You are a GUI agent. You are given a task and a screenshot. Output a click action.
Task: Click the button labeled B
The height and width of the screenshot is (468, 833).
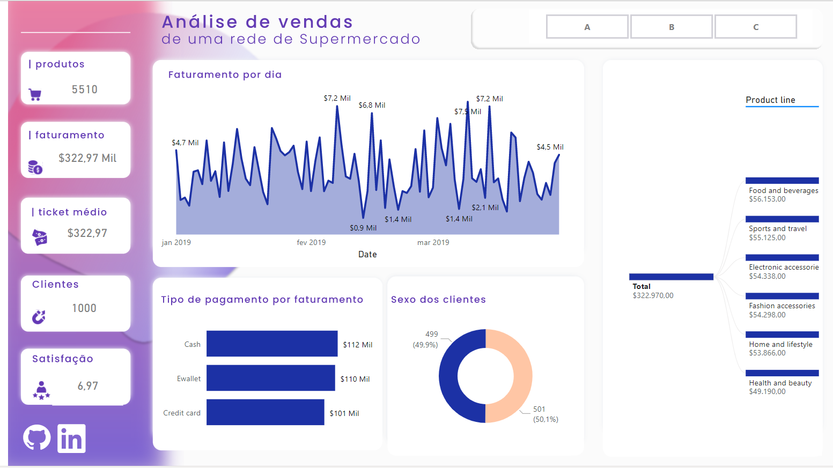point(672,27)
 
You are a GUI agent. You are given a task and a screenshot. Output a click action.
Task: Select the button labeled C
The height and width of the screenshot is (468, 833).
point(756,27)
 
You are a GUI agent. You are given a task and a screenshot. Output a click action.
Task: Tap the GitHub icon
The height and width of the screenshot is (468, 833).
point(37,438)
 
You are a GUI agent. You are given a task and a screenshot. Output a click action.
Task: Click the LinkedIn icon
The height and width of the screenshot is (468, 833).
point(71,439)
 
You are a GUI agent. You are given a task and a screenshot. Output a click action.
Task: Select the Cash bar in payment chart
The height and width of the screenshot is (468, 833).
point(272,344)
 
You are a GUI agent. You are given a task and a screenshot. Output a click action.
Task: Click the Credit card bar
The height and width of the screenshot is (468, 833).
point(265,412)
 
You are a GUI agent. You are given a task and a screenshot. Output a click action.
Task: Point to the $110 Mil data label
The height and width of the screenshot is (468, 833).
point(355,379)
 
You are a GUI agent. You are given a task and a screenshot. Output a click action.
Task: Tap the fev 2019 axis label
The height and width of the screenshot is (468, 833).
point(311,242)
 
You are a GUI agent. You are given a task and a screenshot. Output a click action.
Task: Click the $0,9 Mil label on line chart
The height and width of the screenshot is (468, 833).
point(363,228)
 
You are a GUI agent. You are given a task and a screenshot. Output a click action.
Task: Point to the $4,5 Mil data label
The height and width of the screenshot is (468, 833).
point(550,147)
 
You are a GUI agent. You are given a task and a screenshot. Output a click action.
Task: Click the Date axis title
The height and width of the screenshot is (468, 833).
point(367,254)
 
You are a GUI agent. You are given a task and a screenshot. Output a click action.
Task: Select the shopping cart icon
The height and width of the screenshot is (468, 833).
point(35,94)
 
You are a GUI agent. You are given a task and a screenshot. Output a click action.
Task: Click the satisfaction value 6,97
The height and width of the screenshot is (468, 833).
point(87,386)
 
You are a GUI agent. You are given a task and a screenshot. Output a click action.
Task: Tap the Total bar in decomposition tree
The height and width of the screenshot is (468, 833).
point(671,277)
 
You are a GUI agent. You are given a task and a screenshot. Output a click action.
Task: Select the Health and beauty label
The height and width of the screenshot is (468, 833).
point(780,383)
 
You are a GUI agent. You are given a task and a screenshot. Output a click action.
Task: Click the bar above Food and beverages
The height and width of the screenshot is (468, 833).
point(782,181)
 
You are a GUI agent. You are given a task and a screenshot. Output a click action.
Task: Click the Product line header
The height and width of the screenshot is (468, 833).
point(770,100)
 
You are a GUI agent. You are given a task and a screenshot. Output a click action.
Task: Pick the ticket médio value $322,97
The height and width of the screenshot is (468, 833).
point(87,233)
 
